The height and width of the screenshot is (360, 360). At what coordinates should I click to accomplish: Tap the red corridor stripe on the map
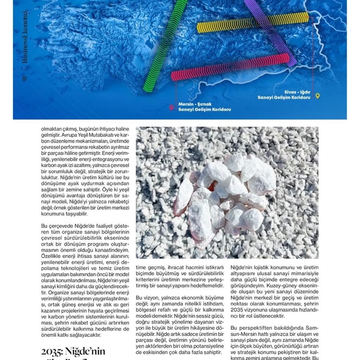(231, 67)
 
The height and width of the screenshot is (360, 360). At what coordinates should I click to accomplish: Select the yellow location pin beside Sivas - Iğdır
(318, 96)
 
